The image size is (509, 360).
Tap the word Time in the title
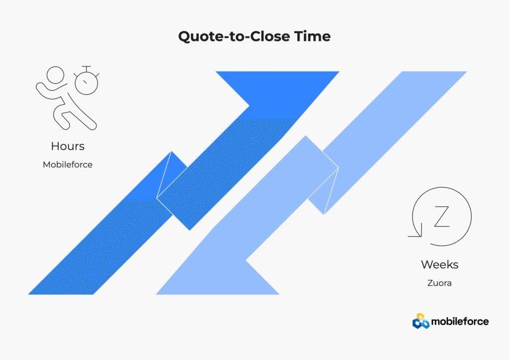point(313,36)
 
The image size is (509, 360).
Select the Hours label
point(68,146)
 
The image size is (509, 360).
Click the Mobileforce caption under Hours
point(68,165)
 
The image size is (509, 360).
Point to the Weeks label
point(439,265)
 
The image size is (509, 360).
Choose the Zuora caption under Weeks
point(439,283)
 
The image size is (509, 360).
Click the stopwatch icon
point(86,81)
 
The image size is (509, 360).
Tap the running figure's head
point(56,75)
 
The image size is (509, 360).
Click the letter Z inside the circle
point(442,216)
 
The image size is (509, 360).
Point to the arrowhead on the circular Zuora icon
point(416,231)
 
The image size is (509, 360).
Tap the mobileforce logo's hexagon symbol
point(421,321)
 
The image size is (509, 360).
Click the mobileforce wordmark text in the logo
point(460,321)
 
